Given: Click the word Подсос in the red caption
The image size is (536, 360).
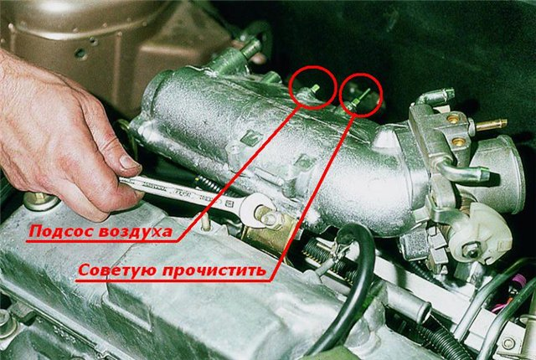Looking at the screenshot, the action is [x=60, y=231].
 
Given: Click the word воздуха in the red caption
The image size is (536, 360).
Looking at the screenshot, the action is [x=135, y=232].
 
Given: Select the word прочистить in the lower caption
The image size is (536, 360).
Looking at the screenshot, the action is [x=214, y=271].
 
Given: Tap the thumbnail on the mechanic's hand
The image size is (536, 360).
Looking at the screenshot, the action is [x=130, y=162].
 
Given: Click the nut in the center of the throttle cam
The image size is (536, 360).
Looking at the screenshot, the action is [x=472, y=252].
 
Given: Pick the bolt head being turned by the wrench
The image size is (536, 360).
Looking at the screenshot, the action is [x=269, y=217].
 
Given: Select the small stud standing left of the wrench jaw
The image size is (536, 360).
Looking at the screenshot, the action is [x=205, y=223].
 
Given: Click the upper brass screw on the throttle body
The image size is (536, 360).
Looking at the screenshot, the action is [x=452, y=119].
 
